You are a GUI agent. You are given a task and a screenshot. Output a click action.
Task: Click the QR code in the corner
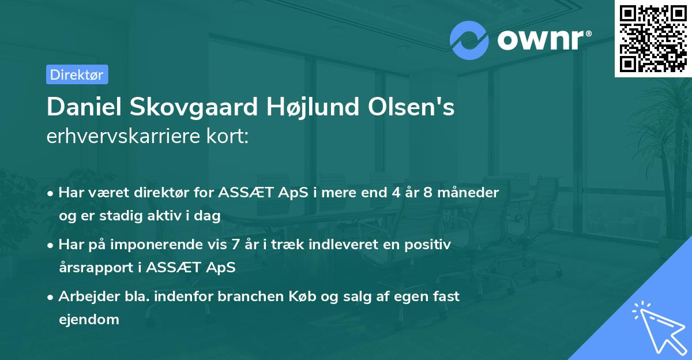[653, 38]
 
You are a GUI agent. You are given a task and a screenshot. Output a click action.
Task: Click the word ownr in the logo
[543, 40]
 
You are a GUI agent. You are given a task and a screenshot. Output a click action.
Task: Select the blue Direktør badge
[77, 74]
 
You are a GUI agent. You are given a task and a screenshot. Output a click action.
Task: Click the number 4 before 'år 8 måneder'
[396, 192]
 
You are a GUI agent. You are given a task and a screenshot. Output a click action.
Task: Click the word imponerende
[184, 245]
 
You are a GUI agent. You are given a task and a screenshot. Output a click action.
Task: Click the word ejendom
[89, 319]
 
